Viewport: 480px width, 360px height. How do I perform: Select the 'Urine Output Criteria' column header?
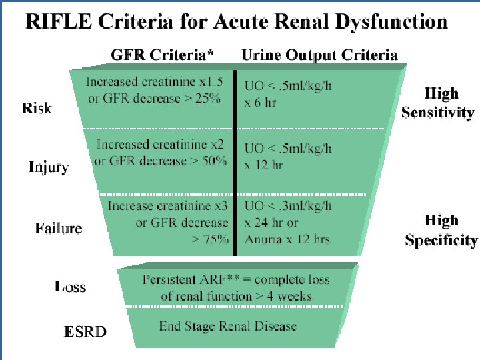[319, 55]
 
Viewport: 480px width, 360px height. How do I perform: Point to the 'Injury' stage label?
[48, 167]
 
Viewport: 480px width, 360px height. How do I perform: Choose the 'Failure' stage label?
[59, 228]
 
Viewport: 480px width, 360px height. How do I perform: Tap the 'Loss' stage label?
[70, 287]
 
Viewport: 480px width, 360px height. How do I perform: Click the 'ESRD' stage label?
[85, 331]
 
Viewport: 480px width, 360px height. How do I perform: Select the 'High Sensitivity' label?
[437, 103]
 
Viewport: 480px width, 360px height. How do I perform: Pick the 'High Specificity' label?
[441, 230]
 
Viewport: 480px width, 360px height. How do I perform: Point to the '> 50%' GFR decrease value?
[207, 161]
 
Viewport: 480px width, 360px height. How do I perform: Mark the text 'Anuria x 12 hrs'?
[287, 239]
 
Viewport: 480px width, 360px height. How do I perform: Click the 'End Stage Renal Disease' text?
[227, 327]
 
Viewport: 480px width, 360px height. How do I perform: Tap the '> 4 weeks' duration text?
[281, 295]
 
